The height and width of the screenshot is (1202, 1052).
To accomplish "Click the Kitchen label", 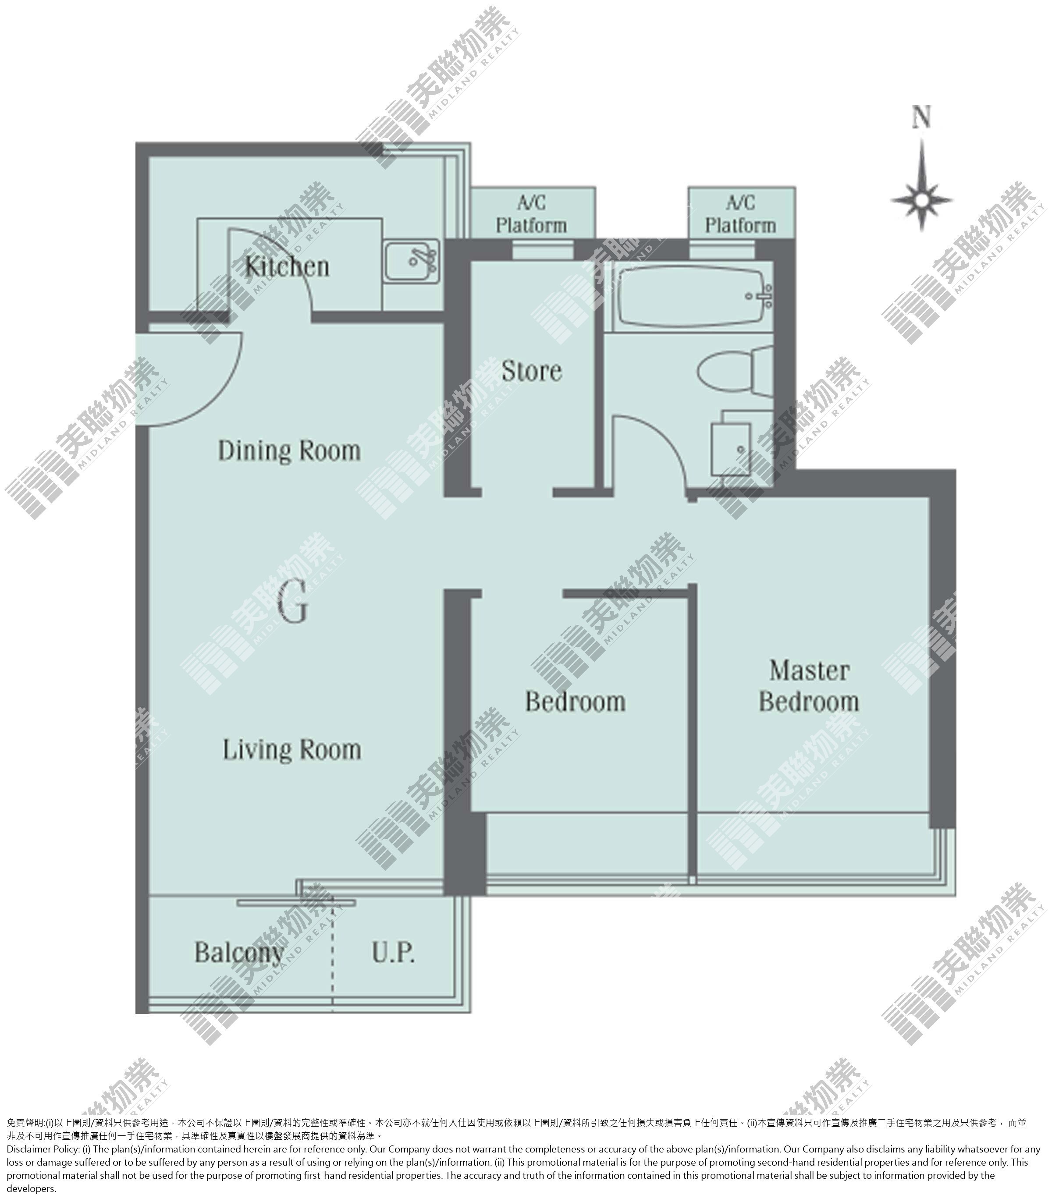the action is tap(287, 267).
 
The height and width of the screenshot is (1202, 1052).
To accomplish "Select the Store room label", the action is tap(532, 371).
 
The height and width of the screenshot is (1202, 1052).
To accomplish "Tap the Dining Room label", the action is tap(289, 451).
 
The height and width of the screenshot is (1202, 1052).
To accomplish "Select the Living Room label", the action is tap(292, 750).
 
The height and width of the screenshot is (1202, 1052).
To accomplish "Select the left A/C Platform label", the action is tap(532, 214).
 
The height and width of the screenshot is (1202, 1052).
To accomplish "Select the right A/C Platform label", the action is tap(741, 214).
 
